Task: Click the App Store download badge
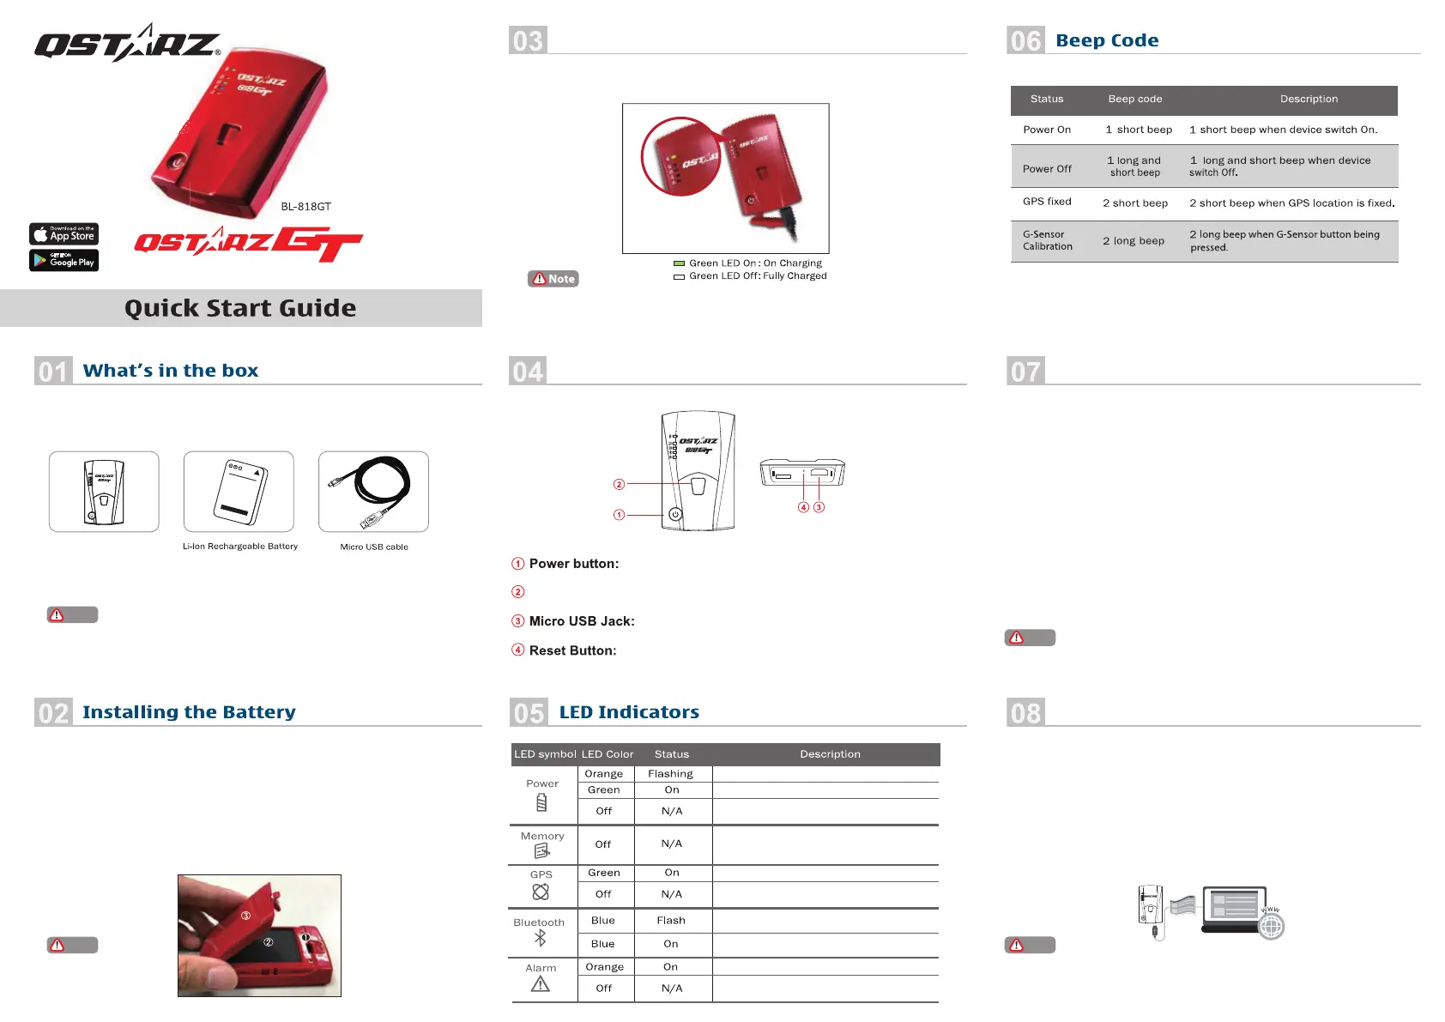[x=64, y=234]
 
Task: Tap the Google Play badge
[x=64, y=260]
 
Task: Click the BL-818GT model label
[x=305, y=207]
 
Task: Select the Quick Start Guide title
[x=240, y=308]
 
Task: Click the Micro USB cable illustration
[x=373, y=492]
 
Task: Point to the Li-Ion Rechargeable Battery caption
[x=240, y=547]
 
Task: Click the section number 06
[x=1025, y=40]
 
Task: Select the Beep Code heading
[x=1107, y=40]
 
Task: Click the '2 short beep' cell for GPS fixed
[x=1135, y=203]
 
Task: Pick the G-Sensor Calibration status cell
[x=1048, y=240]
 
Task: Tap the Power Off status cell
[x=1047, y=169]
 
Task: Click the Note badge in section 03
[x=553, y=279]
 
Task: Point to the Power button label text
[x=574, y=564]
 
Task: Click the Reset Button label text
[x=572, y=650]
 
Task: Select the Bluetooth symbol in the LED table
[x=540, y=938]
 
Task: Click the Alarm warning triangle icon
[x=541, y=984]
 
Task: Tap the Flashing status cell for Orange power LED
[x=670, y=774]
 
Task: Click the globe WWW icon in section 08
[x=1271, y=926]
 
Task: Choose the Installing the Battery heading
[x=189, y=712]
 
